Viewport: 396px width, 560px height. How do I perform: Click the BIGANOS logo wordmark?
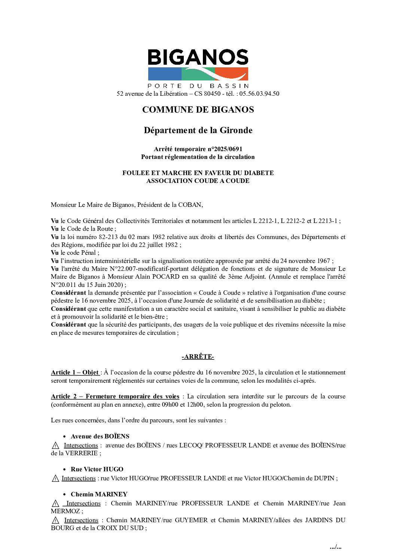198,57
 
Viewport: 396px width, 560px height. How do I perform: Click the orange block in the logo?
234,73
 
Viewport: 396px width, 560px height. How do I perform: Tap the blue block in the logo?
164,74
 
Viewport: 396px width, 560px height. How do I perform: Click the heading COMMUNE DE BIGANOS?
198,110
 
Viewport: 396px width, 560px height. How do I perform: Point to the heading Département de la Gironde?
198,130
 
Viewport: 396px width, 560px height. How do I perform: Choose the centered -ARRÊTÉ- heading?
198,357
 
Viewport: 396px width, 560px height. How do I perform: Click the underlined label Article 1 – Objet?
75,373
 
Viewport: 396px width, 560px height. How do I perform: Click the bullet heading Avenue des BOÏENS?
100,436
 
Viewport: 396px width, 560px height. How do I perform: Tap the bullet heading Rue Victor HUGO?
97,469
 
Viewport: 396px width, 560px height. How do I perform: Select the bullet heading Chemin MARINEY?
99,494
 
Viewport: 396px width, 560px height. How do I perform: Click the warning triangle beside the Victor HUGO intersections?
55,478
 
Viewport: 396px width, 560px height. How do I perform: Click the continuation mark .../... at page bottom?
335,547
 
